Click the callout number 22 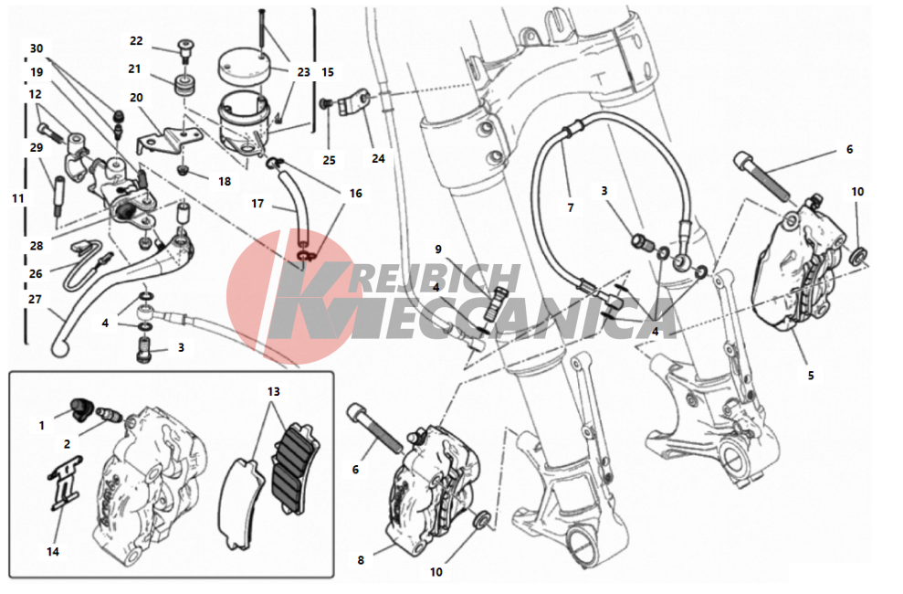(136, 41)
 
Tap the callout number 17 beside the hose (257, 204)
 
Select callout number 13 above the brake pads (274, 392)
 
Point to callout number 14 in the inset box (52, 552)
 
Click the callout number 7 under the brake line (571, 207)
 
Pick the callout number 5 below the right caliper (811, 376)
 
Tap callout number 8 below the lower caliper (361, 560)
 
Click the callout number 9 (438, 249)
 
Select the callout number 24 (378, 158)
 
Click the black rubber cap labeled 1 (78, 406)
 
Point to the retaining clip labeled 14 (65, 483)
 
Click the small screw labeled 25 (325, 103)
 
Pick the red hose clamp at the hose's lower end (304, 253)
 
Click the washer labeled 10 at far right (859, 253)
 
